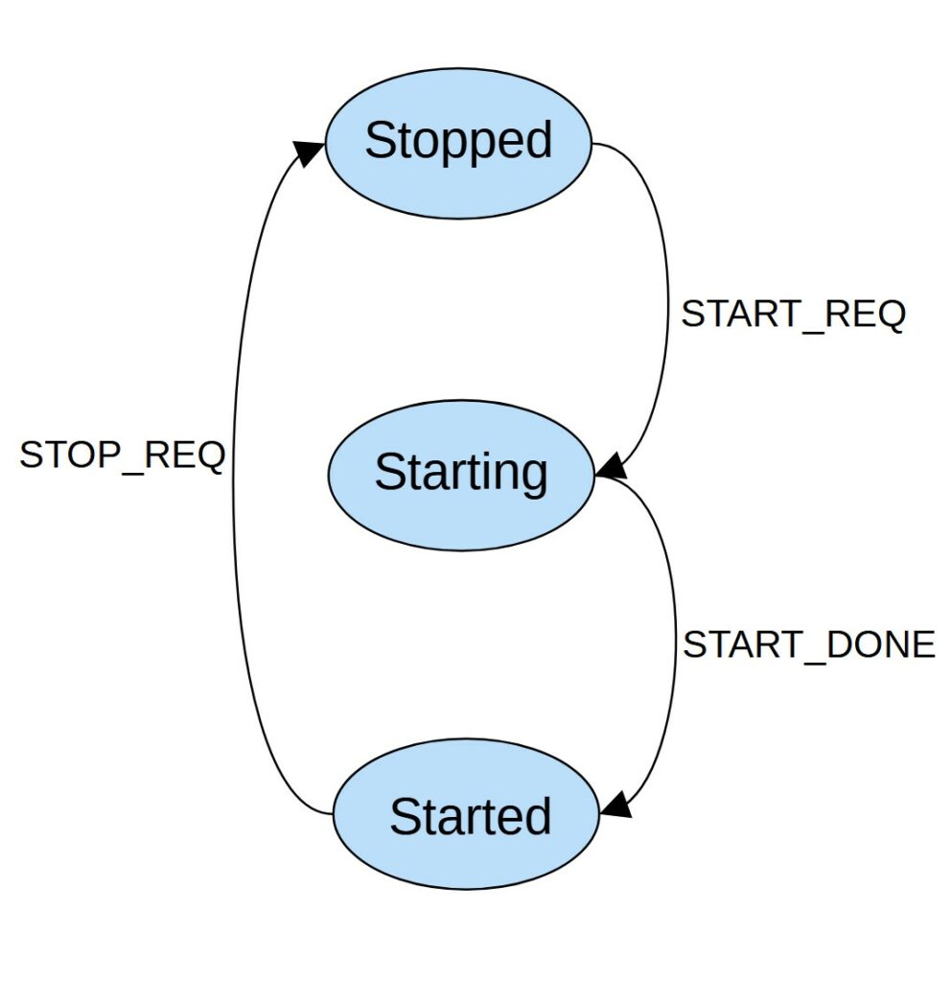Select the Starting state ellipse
coord(461,475)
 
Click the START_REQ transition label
coord(793,315)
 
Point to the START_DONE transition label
coord(808,644)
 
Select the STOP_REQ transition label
coord(122,455)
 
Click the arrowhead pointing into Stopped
coord(308,152)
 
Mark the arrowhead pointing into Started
coord(615,804)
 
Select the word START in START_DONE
coord(739,644)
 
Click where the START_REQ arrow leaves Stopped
coord(595,145)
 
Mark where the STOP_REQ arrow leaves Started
coord(333,814)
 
